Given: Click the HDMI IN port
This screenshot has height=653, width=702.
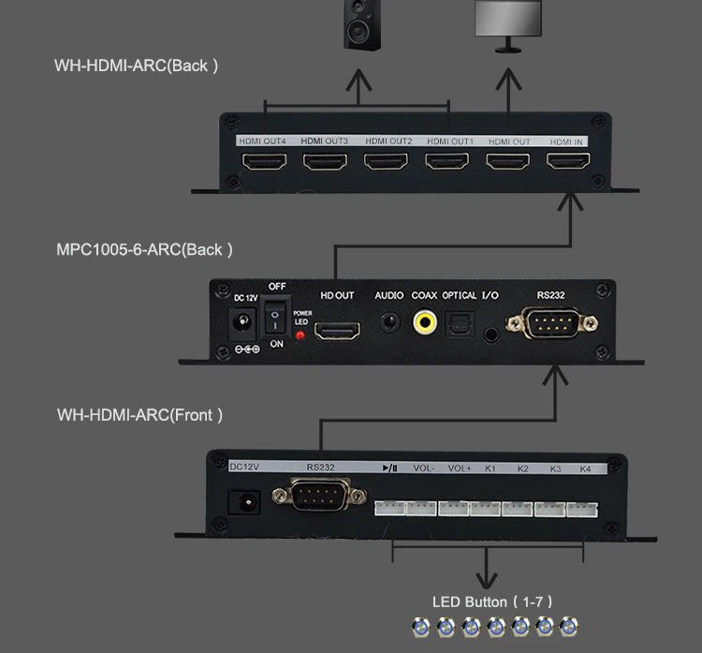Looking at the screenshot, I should tap(567, 161).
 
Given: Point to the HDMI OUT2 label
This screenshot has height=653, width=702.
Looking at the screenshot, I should tap(388, 141).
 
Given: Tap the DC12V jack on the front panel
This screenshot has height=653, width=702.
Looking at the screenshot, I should tap(248, 501).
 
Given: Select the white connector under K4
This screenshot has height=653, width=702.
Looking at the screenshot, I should tap(582, 508).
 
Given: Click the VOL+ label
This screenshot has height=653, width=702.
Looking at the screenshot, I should tap(460, 468).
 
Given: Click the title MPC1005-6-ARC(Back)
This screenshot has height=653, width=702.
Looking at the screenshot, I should tap(144, 249).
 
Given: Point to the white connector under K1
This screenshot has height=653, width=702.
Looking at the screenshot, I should tap(486, 508).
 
